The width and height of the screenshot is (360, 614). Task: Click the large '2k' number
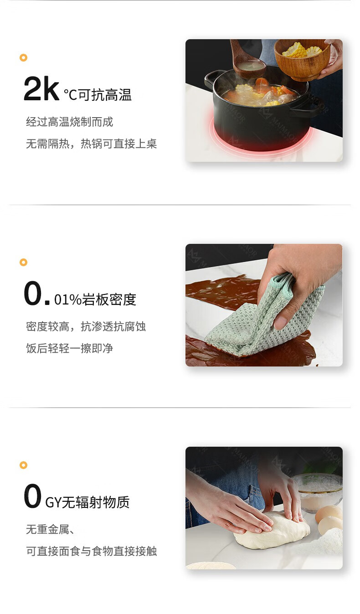41,88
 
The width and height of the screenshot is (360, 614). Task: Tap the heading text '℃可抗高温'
98,95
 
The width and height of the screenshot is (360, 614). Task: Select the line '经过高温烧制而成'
70,122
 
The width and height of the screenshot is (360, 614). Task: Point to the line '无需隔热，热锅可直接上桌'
91,144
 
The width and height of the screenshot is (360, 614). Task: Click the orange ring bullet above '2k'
24,57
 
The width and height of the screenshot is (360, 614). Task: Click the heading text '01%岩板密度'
95,299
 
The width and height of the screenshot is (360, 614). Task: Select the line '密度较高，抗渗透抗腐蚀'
86,327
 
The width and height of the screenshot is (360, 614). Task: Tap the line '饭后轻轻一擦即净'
70,348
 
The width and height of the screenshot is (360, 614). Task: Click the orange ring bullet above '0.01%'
24,262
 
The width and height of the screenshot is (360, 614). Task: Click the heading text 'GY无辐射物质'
87,502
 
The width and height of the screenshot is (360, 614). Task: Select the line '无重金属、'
51,530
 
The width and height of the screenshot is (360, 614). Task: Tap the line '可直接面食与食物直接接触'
91,551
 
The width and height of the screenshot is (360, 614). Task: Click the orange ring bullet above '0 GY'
24,465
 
